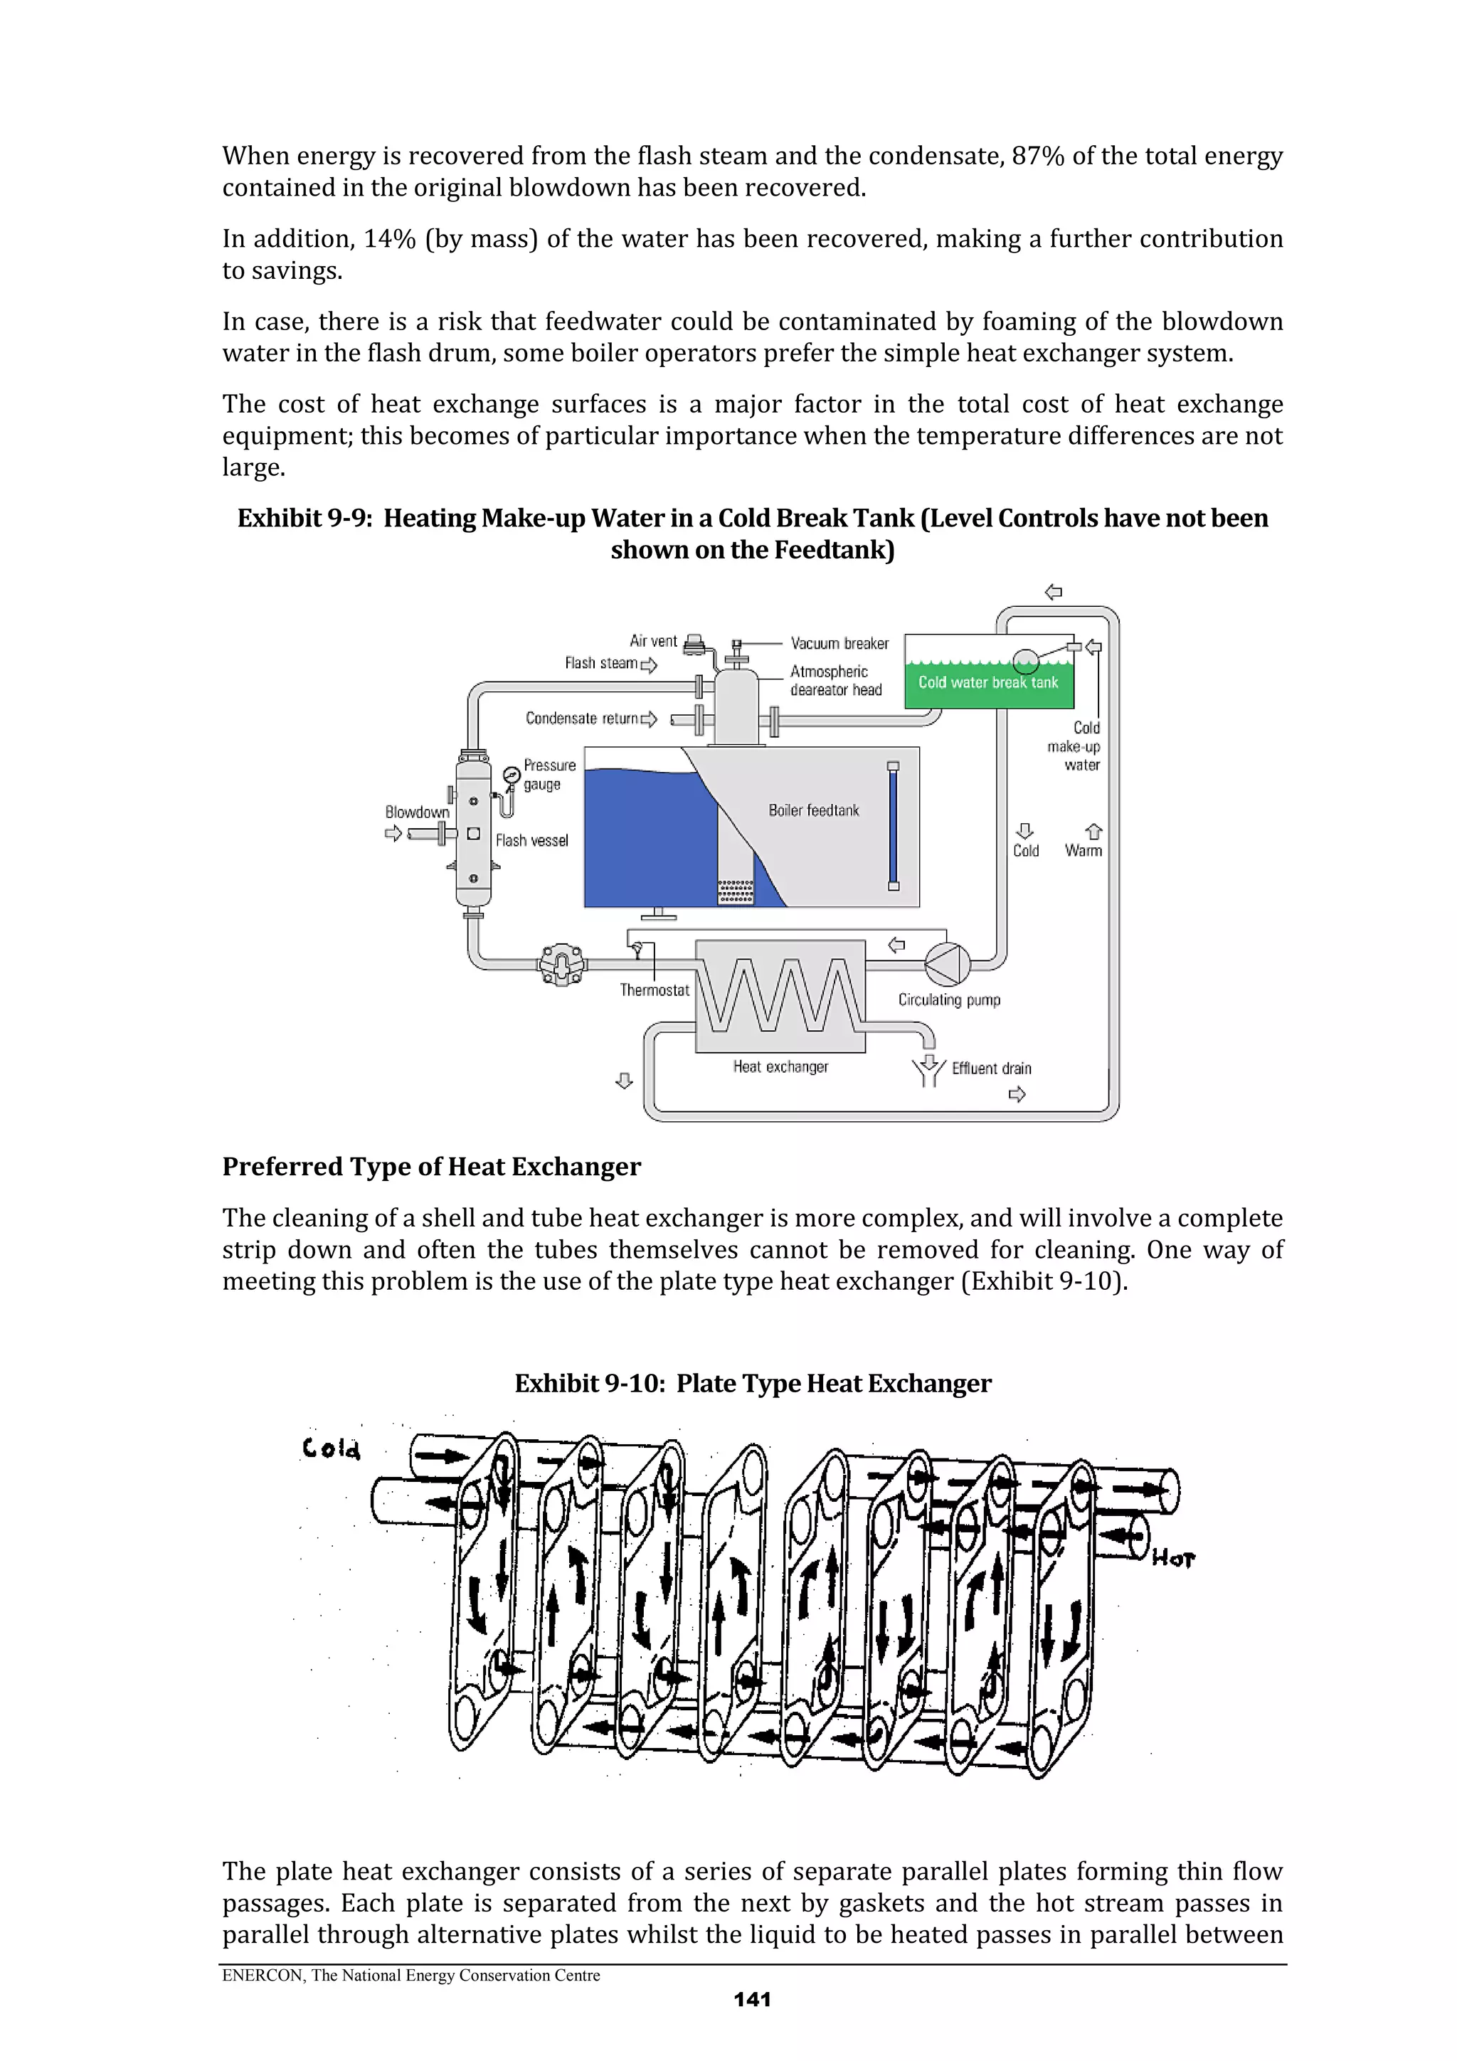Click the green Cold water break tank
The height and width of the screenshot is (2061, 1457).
click(987, 682)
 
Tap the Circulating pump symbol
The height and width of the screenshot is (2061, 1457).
click(947, 964)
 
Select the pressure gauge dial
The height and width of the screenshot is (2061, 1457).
click(511, 775)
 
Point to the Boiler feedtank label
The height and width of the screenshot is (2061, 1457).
click(813, 810)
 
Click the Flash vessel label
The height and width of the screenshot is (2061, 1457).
click(531, 840)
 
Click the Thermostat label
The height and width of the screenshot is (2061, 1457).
click(655, 990)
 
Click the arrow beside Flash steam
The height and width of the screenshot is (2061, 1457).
click(648, 664)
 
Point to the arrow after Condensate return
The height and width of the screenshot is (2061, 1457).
click(648, 719)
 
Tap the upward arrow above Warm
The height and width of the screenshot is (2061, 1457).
click(1093, 831)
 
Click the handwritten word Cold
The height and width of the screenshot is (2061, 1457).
click(332, 1448)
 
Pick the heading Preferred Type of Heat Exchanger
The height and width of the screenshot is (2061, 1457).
click(431, 1166)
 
